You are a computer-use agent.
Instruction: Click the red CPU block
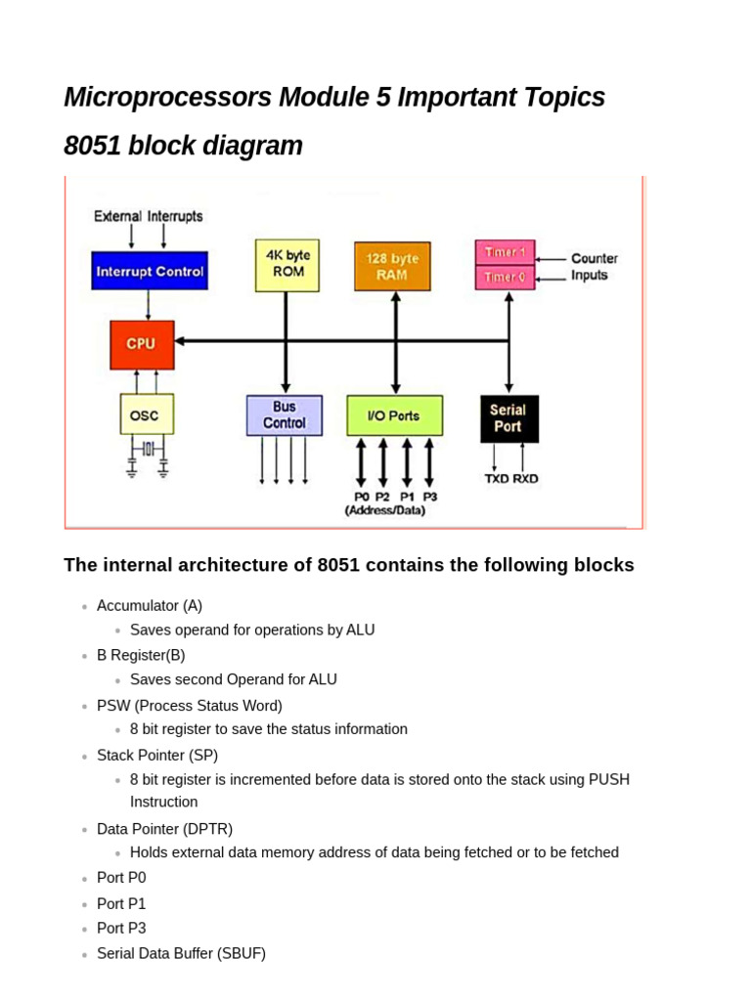point(142,344)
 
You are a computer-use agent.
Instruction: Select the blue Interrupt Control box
point(150,272)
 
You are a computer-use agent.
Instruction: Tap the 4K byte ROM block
point(287,264)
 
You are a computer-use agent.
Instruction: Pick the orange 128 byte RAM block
point(392,267)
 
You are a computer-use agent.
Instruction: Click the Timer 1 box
point(505,251)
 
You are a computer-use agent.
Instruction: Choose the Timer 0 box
point(505,277)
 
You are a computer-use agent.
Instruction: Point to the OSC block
point(146,414)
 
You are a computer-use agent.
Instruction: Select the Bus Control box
point(284,415)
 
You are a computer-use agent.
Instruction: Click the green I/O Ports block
point(394,415)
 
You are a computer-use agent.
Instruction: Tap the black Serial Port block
point(508,418)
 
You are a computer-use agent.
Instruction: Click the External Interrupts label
point(149,216)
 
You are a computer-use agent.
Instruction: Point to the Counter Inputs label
point(594,267)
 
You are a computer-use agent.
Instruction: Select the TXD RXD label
point(511,478)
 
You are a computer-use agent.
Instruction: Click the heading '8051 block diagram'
point(183,146)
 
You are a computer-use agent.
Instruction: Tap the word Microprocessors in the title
point(167,98)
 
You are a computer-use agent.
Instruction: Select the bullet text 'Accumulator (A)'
point(150,605)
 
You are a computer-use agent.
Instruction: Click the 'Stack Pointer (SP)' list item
point(157,755)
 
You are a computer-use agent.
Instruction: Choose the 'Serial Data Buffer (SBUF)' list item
point(181,953)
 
